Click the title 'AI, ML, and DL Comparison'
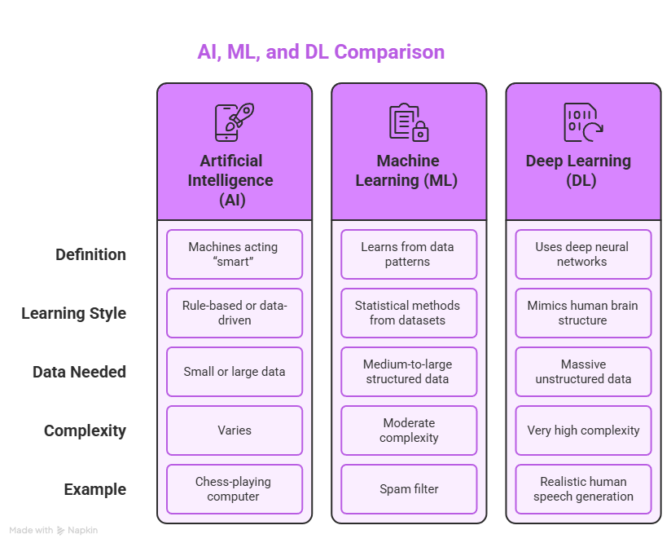pos(321,52)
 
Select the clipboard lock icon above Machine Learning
pos(409,122)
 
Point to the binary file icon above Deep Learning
pos(583,122)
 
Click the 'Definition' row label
pos(90,254)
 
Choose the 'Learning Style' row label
pos(74,313)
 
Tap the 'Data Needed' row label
pos(79,372)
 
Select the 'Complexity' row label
pos(85,430)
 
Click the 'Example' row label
pos(94,489)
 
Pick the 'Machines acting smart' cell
pos(235,254)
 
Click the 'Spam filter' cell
pos(409,489)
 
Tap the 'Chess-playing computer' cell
pos(235,489)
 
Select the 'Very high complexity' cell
pos(583,430)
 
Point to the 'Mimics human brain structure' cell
pos(583,313)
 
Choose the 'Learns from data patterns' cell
pos(409,254)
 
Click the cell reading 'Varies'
pos(235,430)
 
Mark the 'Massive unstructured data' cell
pos(583,372)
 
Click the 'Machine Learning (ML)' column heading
pos(409,170)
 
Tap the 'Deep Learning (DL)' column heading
pos(583,170)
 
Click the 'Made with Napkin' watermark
pos(54,530)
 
